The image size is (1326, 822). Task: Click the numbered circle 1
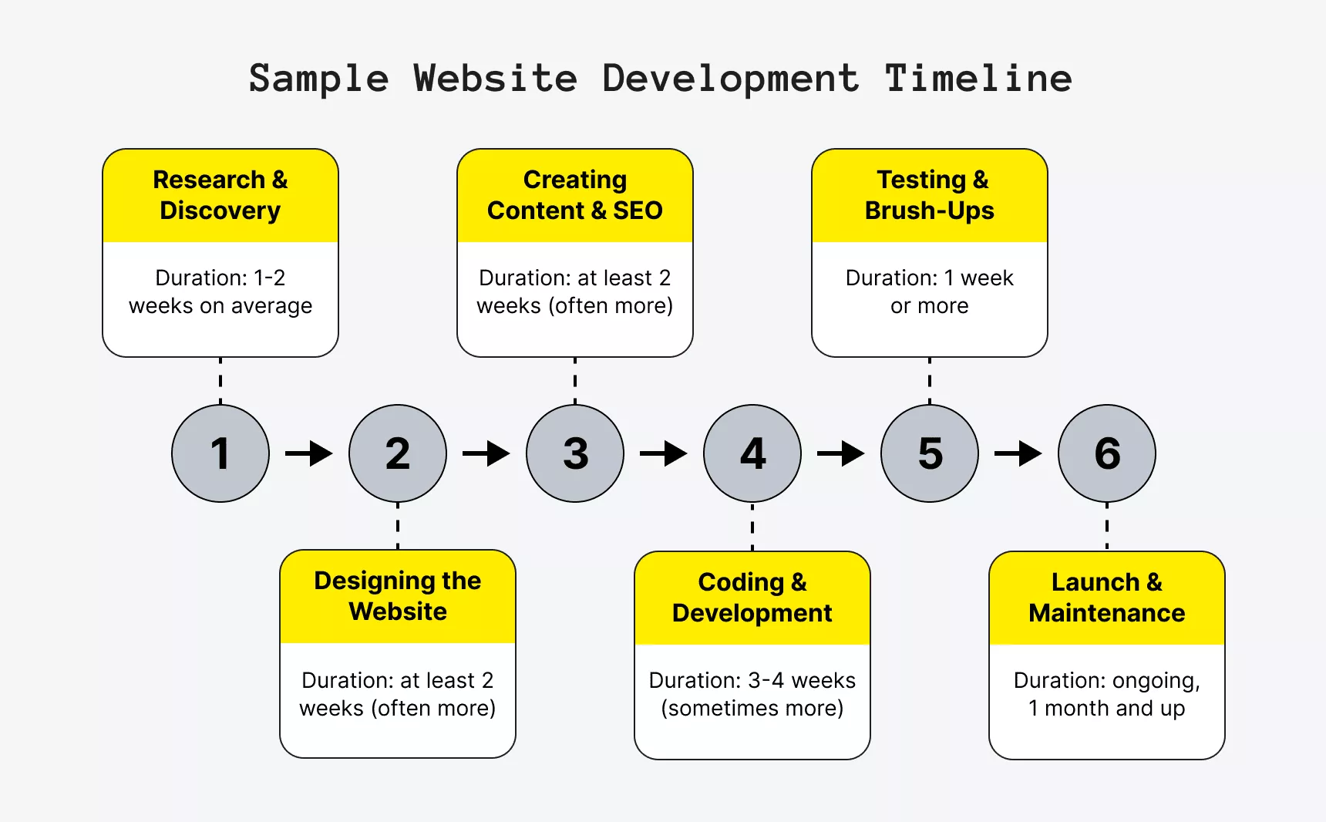(220, 453)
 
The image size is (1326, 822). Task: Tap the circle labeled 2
(398, 453)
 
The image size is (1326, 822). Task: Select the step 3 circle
(575, 453)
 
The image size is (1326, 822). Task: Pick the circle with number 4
(752, 453)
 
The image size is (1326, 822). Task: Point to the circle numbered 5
(930, 453)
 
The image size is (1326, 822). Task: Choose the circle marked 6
(1107, 453)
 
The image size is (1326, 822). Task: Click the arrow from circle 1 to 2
(309, 453)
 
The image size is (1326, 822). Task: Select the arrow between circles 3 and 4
(664, 453)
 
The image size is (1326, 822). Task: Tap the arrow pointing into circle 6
(1018, 453)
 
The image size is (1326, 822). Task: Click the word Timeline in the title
(978, 79)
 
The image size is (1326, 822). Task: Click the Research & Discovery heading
(220, 195)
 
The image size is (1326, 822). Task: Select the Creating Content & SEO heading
(575, 195)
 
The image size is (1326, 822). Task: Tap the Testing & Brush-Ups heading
(930, 195)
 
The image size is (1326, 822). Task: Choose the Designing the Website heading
(398, 596)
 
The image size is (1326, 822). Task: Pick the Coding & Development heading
(752, 598)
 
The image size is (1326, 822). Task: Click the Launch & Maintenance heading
(1107, 598)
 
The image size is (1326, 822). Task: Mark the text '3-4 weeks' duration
(802, 680)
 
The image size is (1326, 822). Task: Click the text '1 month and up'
(1107, 708)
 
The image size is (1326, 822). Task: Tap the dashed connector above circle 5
(930, 381)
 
